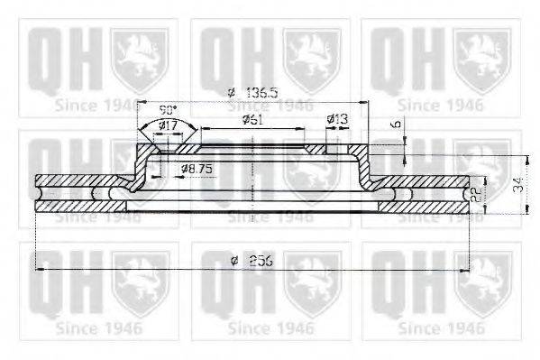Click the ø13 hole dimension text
click(337, 119)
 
